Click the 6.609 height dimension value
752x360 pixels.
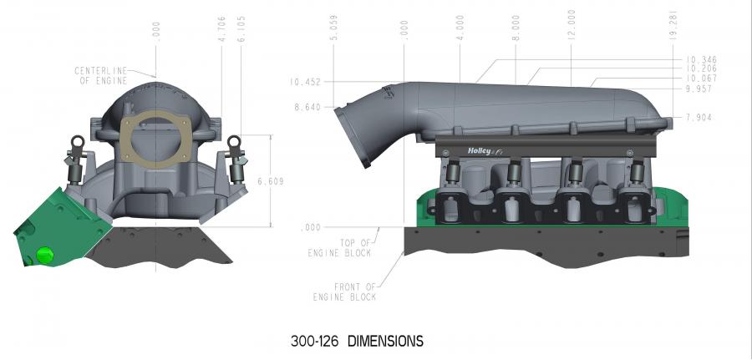coord(271,182)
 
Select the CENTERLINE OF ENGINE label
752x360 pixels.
coord(101,76)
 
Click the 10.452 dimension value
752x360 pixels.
coord(304,82)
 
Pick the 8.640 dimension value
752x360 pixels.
coord(307,108)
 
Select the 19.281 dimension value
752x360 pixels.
coord(673,24)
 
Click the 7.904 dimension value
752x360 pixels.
coord(699,118)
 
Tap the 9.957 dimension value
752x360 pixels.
coord(699,89)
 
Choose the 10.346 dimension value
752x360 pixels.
coord(701,60)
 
